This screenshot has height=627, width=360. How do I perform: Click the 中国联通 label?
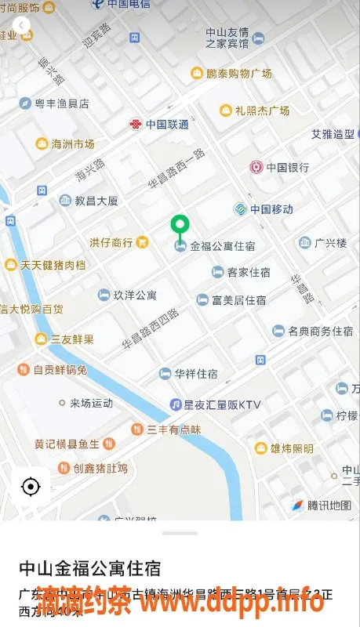[166, 124]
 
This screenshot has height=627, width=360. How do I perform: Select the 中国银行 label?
[287, 167]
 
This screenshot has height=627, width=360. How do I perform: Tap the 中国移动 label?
[271, 209]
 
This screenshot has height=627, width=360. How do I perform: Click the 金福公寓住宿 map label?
[222, 246]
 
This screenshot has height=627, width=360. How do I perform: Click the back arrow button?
[20, 27]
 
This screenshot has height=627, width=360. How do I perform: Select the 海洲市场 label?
[72, 143]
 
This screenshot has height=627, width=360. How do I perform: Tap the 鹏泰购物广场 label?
[239, 73]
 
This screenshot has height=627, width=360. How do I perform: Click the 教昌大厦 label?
[96, 201]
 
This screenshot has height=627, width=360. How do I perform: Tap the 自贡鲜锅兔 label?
[59, 369]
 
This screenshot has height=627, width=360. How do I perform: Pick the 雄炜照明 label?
[292, 448]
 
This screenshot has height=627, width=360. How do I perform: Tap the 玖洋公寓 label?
[135, 295]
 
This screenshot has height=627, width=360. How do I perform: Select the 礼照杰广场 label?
[262, 111]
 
